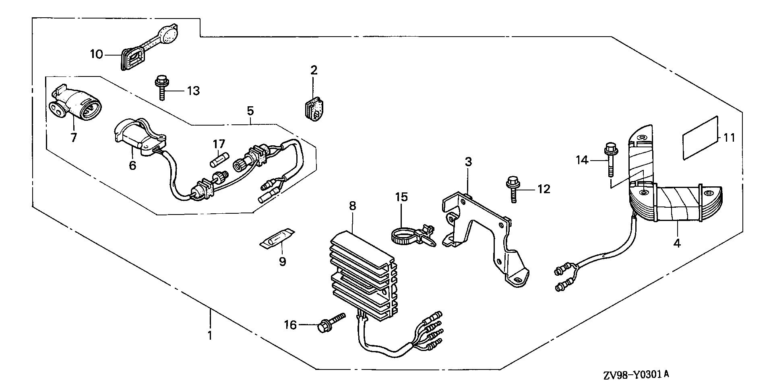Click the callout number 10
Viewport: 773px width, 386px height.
[97, 54]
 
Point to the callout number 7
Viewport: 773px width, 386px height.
[73, 138]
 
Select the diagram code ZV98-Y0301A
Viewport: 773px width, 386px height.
[636, 375]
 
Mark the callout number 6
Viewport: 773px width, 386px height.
[132, 165]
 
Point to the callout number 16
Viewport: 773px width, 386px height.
[290, 324]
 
